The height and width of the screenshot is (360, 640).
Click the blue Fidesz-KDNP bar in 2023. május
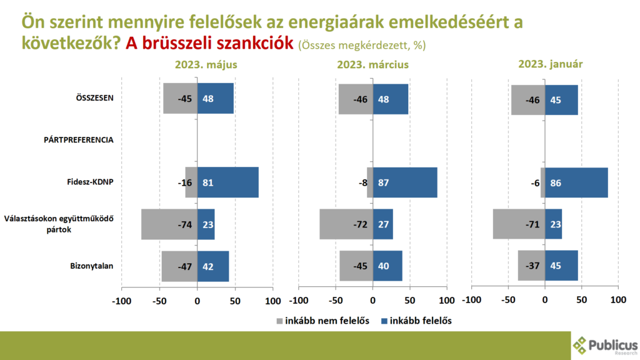tap(227, 182)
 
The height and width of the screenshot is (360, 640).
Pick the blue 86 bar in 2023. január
tap(576, 182)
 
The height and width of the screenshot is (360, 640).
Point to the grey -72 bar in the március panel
tap(346, 224)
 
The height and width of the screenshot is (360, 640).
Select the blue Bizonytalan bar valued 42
tap(213, 266)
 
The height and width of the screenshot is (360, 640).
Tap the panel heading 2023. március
tap(372, 64)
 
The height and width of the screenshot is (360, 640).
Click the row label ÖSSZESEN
tap(94, 98)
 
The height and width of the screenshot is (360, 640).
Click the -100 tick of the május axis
tap(121, 300)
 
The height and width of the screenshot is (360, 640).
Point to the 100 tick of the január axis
tap(617, 300)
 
